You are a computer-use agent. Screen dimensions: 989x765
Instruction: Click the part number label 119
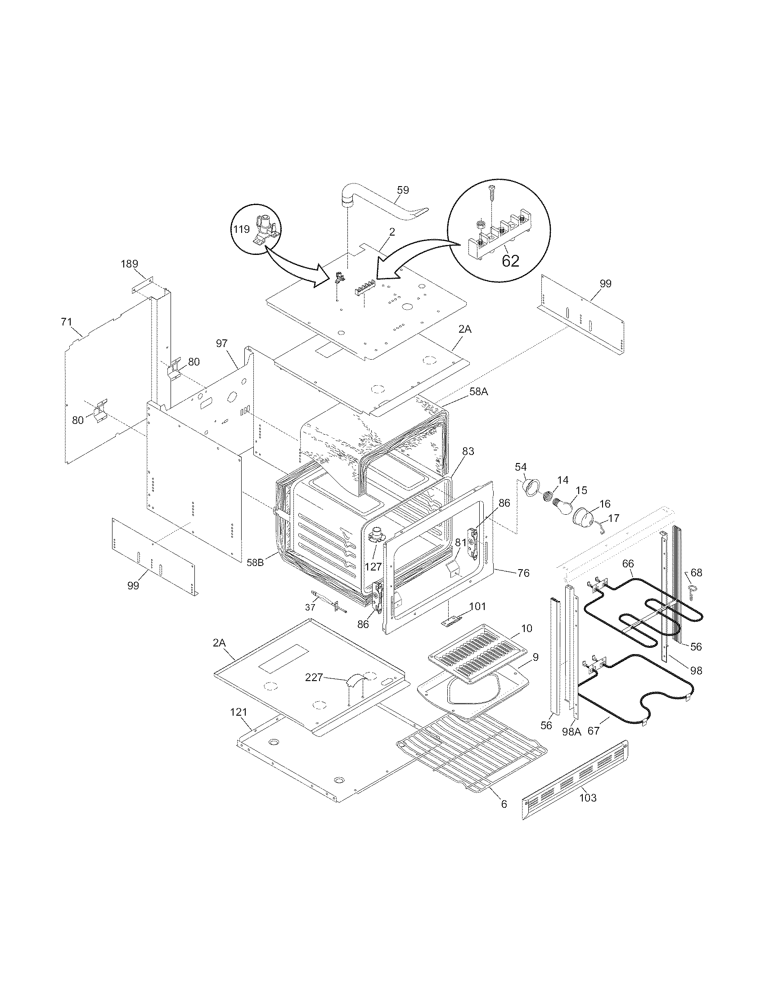point(241,229)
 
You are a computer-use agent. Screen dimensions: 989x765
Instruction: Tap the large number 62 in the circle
point(510,261)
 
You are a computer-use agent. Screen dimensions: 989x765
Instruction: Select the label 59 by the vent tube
point(402,190)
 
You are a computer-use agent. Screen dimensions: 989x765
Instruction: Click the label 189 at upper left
point(129,263)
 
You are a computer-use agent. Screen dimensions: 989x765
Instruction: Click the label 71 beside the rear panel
point(66,322)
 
